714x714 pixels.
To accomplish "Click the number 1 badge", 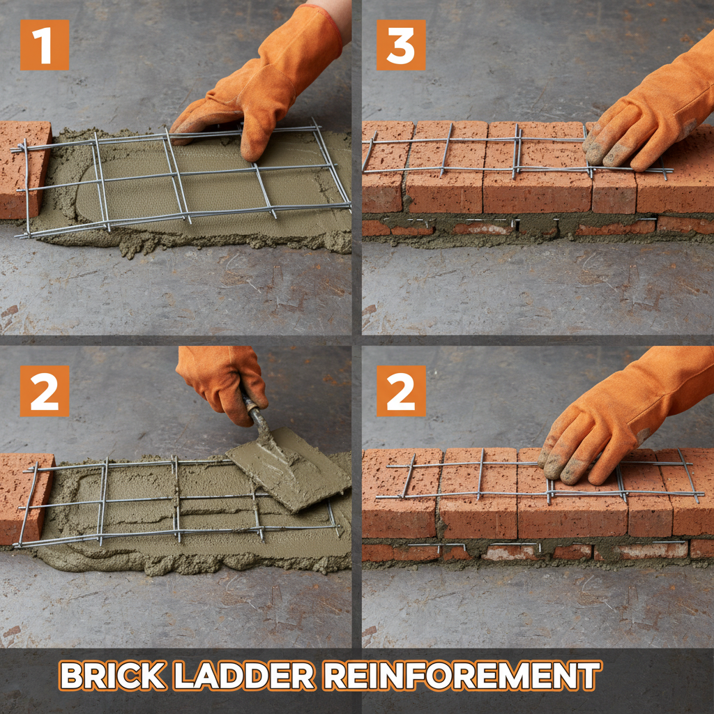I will (x=45, y=45).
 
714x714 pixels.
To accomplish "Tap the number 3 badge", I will (x=401, y=45).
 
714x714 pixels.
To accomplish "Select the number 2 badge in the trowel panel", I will (x=45, y=390).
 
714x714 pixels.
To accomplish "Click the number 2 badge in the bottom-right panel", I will (x=401, y=390).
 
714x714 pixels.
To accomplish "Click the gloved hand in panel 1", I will (x=265, y=84).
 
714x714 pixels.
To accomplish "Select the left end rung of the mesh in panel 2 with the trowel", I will (x=28, y=502).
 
